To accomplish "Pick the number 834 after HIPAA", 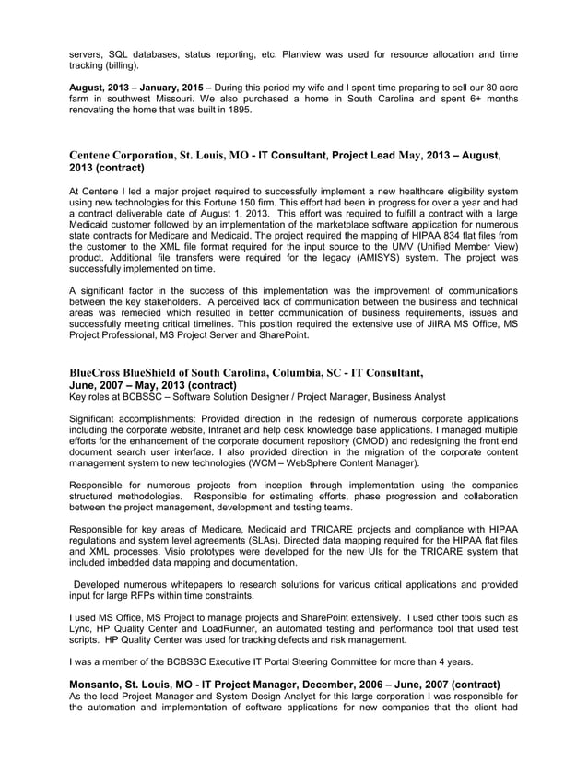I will tap(438, 235).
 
